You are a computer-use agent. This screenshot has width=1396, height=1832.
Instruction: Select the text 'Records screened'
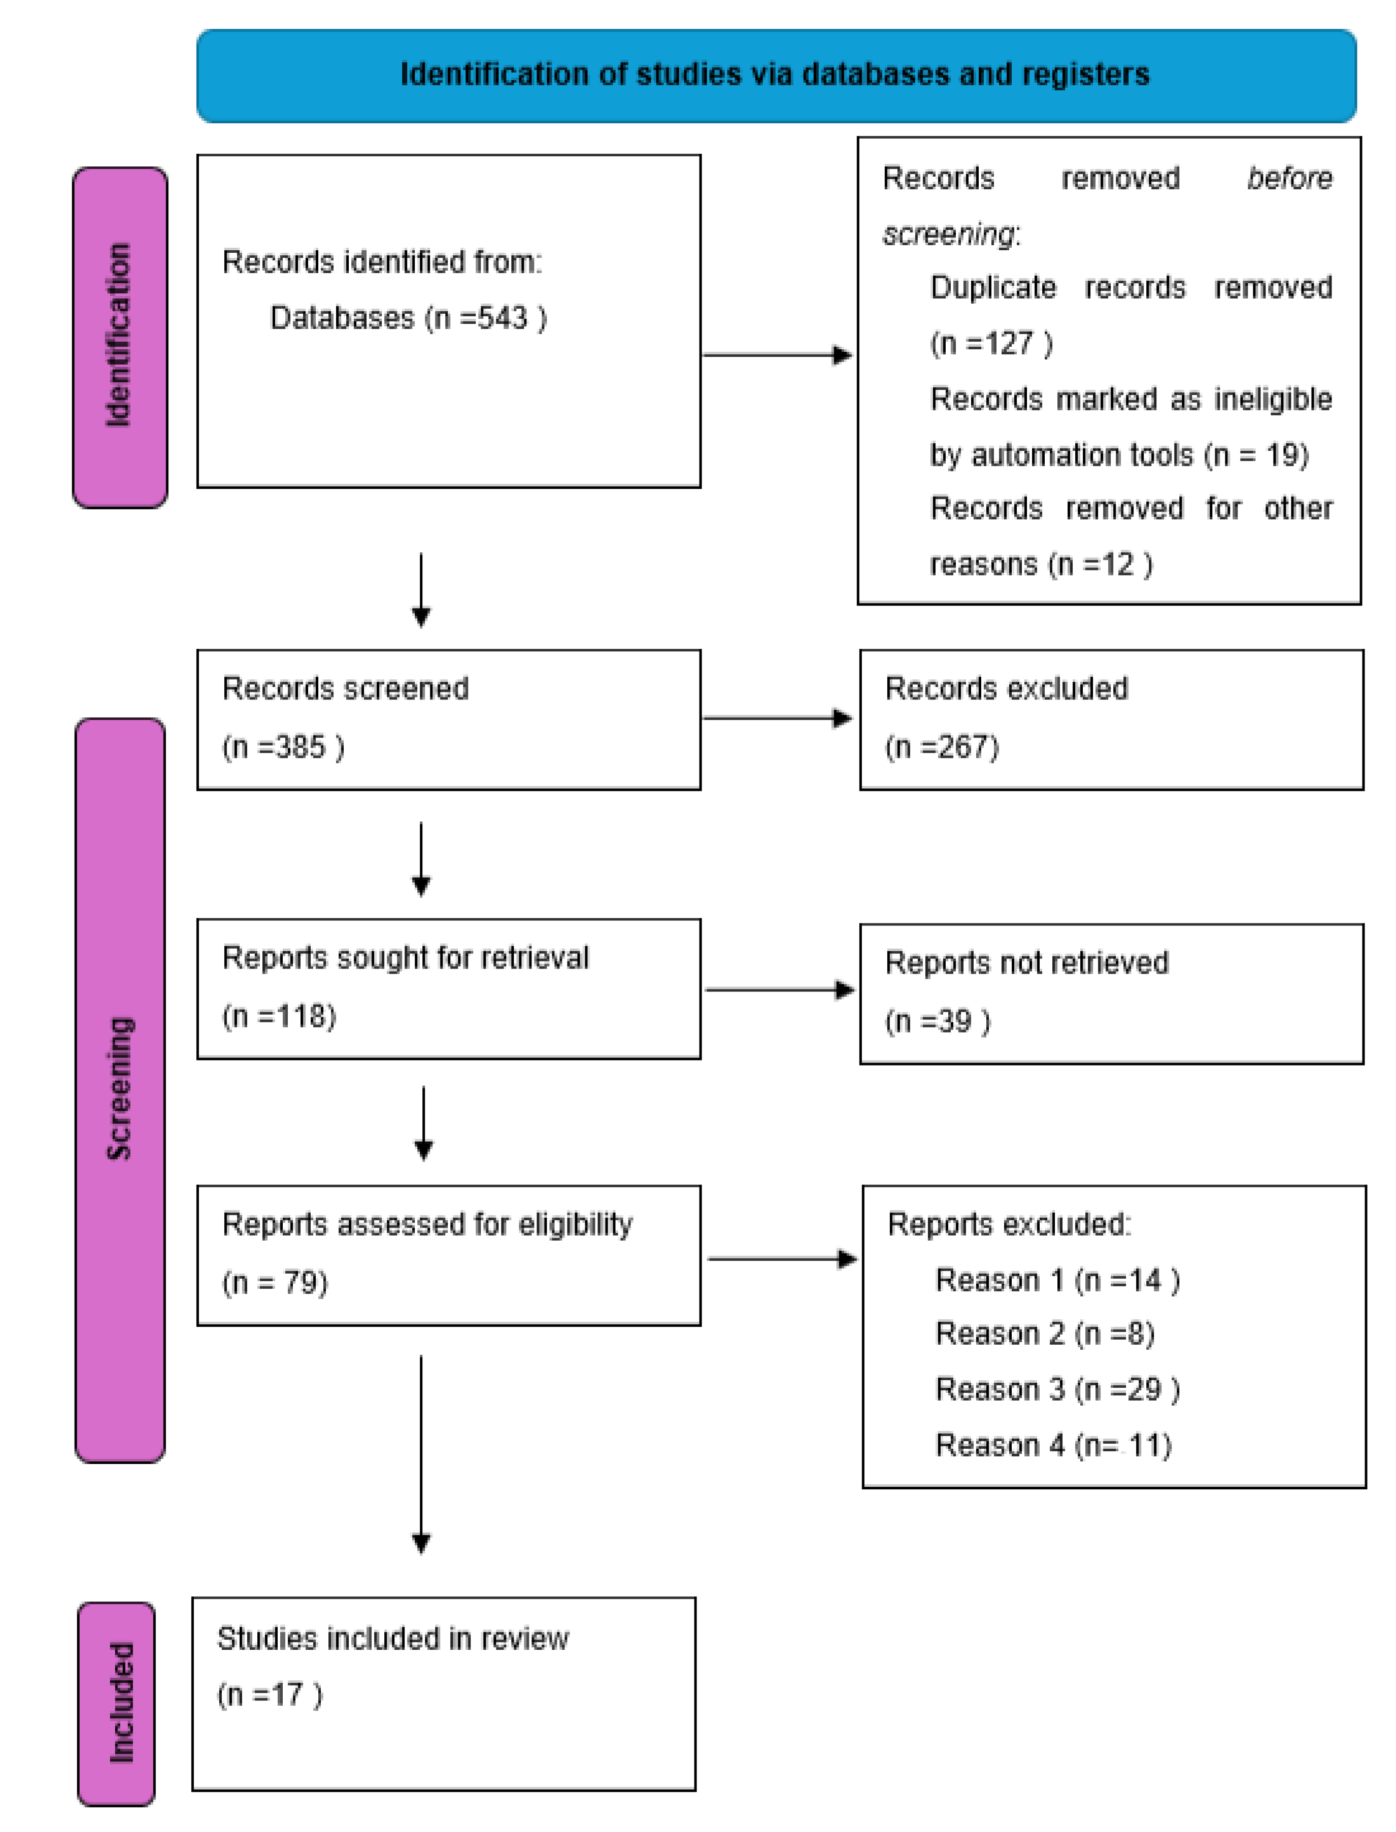pyautogui.click(x=345, y=689)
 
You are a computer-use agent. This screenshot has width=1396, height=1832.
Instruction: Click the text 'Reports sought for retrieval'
pyautogui.click(x=406, y=958)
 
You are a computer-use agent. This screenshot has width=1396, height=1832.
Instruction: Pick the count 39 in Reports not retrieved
pyautogui.click(x=954, y=1021)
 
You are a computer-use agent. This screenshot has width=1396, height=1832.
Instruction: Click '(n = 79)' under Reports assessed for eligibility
pyautogui.click(x=275, y=1283)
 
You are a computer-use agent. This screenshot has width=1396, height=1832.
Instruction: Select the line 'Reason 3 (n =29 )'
pyautogui.click(x=1057, y=1389)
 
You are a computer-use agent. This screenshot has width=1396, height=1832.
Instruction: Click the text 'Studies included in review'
pyautogui.click(x=393, y=1639)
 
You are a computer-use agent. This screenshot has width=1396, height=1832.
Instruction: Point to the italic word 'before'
pyautogui.click(x=1289, y=179)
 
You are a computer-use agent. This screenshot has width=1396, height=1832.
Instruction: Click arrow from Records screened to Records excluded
pyautogui.click(x=777, y=718)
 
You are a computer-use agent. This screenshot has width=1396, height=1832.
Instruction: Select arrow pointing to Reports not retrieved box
pyautogui.click(x=779, y=989)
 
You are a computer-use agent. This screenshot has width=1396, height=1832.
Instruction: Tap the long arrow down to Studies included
pyautogui.click(x=421, y=1454)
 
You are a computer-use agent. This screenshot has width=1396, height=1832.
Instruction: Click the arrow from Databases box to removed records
pyautogui.click(x=777, y=356)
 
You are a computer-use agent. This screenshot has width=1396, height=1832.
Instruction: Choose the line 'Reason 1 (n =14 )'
pyautogui.click(x=1057, y=1280)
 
